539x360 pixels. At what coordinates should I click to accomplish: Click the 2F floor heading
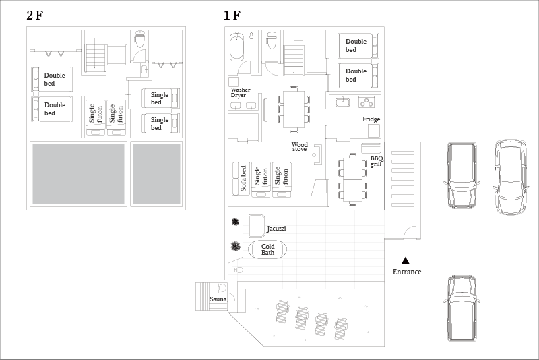coord(35,16)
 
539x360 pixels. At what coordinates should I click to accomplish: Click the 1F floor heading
coord(232,16)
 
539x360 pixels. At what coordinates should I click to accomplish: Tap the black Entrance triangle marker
coord(406,261)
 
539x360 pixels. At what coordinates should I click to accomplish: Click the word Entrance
coord(407,272)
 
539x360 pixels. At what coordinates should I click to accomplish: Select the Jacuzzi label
coord(276,229)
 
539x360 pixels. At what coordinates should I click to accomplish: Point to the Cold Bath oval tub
coord(267,249)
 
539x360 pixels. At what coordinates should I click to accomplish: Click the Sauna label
coord(218,299)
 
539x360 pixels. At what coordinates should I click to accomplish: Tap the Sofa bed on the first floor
coord(241,179)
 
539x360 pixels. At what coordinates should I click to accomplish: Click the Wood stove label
coord(299,146)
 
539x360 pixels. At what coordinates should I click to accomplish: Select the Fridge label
coord(371,119)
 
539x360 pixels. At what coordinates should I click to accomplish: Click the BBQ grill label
coord(377,161)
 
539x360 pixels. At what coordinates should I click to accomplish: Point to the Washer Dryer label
coord(241,92)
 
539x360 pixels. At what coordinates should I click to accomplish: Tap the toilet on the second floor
coord(139,39)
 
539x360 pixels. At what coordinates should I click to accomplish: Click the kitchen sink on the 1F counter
coord(342,102)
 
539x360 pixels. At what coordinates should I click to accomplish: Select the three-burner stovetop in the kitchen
coord(367,102)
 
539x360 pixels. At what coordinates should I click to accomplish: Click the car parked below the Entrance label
coord(462,308)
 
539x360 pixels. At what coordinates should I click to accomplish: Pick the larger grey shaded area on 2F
coord(78,174)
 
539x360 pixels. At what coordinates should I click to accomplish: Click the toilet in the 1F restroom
coord(272,40)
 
